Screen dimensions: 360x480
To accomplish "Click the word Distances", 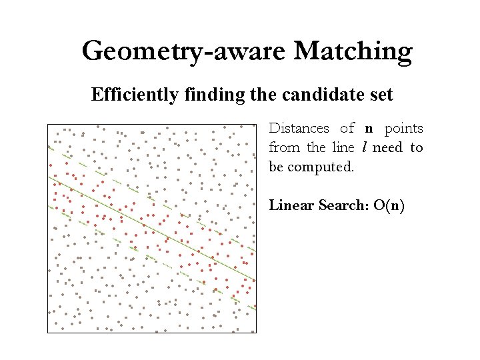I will click(299, 128).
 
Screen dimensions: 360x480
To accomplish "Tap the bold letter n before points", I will click(369, 129).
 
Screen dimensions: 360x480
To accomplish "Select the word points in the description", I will click(404, 128).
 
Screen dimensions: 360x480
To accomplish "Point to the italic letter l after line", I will click(365, 147).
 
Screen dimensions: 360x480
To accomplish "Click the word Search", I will click(343, 205).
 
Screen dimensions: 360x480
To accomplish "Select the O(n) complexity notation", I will click(389, 205).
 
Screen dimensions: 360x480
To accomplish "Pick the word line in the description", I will click(343, 147).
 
